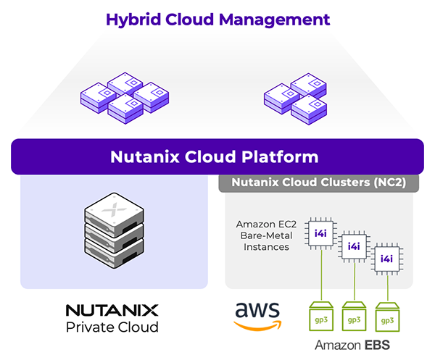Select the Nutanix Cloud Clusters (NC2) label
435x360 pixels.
click(318, 183)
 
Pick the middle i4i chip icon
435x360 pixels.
click(354, 246)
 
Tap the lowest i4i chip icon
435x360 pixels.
click(387, 259)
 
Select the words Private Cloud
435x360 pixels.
click(112, 328)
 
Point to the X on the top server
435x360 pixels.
click(109, 207)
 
